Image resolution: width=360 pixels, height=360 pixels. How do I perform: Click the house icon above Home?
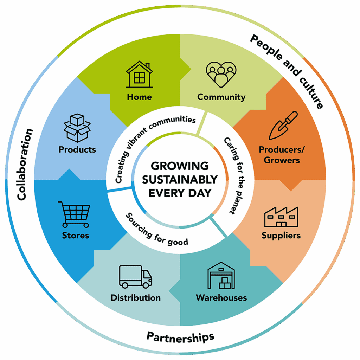tap(140, 75)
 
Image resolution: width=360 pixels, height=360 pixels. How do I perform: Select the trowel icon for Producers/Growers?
tap(283, 126)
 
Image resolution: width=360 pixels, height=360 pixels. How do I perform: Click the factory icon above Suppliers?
tap(281, 217)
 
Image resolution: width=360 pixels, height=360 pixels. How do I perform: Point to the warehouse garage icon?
tap(221, 275)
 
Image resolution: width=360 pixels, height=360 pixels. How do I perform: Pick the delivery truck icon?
tap(136, 277)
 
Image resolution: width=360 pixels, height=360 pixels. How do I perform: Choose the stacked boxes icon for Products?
tap(77, 128)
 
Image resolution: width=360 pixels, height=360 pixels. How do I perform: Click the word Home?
tap(140, 97)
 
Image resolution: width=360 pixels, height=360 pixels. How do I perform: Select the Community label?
tap(221, 97)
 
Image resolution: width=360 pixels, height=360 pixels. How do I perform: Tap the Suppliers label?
tap(281, 235)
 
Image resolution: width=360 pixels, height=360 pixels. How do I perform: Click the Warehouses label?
tap(221, 298)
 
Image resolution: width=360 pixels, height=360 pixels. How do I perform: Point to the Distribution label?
tap(136, 298)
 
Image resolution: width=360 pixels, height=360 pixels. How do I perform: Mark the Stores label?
tap(76, 235)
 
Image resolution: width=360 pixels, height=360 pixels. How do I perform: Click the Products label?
tap(77, 149)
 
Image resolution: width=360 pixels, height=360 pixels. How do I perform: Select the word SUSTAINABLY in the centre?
tap(180, 179)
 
